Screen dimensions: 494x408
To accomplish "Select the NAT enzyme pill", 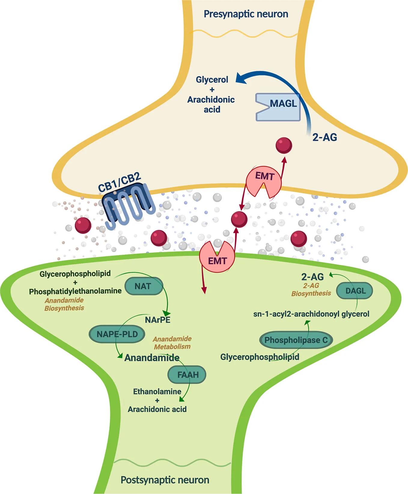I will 144,286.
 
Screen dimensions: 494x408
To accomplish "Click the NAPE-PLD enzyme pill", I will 117,334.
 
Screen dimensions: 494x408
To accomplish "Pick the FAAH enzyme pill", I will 187,374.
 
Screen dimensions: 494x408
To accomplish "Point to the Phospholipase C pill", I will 296,340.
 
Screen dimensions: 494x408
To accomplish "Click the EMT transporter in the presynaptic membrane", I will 264,181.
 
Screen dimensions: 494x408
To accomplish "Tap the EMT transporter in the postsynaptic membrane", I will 217,257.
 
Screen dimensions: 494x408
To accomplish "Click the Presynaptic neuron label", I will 246,14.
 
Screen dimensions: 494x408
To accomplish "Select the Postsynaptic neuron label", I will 165,480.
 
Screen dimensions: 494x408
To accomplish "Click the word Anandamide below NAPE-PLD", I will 152,358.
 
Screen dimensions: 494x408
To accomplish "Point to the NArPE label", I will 157,320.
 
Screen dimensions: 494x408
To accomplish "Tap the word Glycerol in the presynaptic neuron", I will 212,80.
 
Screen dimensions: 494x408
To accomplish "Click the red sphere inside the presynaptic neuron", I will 284,145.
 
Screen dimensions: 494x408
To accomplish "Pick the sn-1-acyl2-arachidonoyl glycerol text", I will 311,314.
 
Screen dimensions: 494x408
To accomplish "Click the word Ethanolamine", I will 157,392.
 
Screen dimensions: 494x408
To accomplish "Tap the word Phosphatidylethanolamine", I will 75,291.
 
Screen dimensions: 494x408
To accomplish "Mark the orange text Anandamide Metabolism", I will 172,343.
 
